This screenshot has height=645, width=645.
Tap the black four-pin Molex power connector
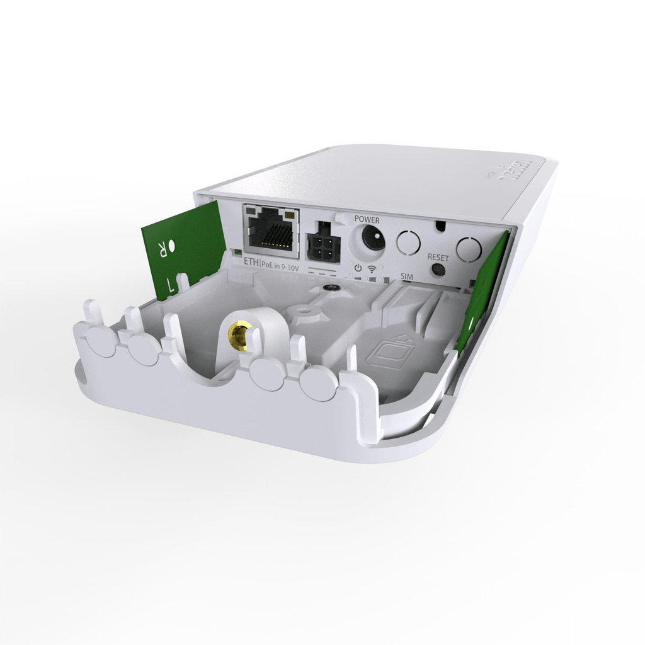322,241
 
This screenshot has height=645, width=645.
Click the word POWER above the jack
367,219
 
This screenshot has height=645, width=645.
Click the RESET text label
438,258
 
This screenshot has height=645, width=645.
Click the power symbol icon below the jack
358,268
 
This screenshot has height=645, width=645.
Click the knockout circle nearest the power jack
408,242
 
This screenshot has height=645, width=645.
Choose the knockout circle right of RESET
468,248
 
